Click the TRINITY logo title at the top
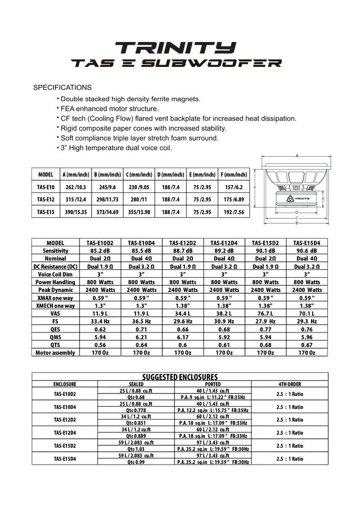coord(175,47)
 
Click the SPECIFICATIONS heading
coord(62,88)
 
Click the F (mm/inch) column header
coord(234,174)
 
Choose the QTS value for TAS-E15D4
coord(307,345)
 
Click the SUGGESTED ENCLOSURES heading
coord(180,377)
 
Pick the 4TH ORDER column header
coord(290,384)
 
